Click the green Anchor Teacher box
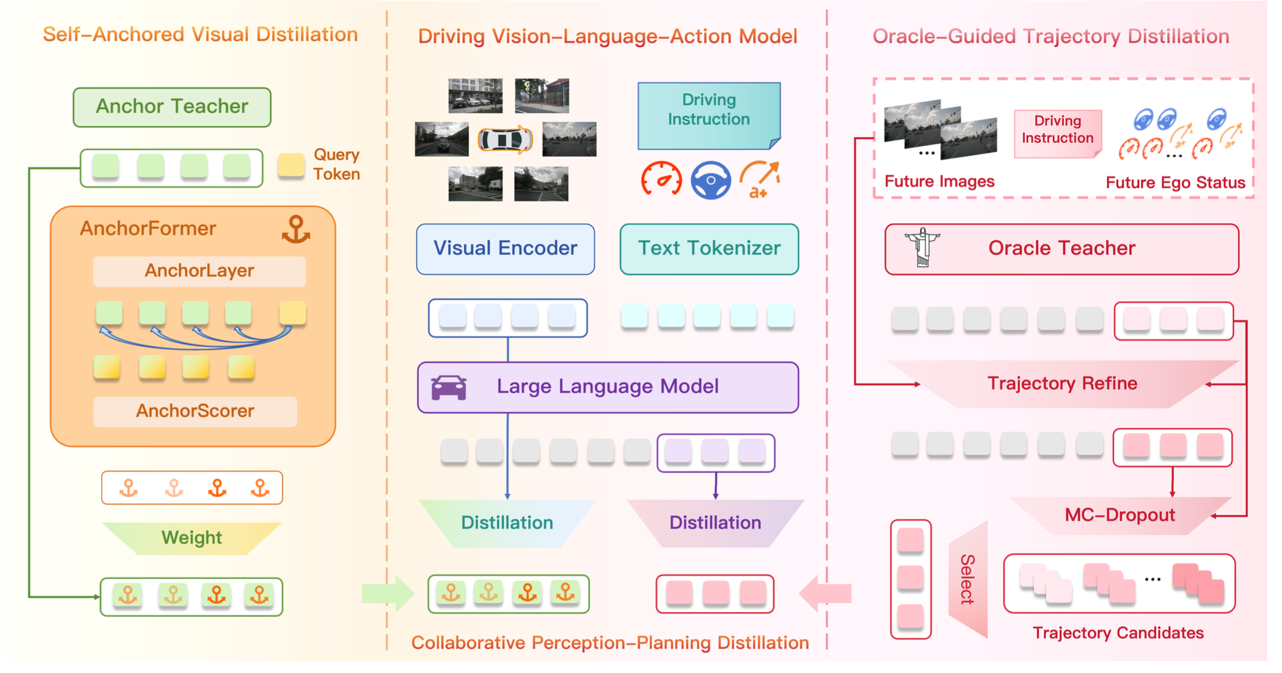(x=172, y=107)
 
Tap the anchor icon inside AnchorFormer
(x=296, y=230)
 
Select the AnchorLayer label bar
(x=199, y=271)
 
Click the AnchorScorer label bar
(x=195, y=411)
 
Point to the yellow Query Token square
(x=291, y=165)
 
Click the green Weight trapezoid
(x=192, y=538)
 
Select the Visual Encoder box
(x=505, y=249)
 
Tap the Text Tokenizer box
(x=709, y=249)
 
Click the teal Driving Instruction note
(x=709, y=115)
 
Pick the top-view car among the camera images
(x=505, y=139)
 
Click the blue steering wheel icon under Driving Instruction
(x=710, y=180)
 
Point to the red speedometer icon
(x=661, y=179)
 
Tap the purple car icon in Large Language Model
(x=449, y=388)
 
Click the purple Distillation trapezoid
(x=715, y=523)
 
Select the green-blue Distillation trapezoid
(x=507, y=523)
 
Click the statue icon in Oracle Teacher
(x=922, y=248)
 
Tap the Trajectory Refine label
(x=1062, y=384)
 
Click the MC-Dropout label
(x=1119, y=515)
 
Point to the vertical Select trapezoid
(x=968, y=580)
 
